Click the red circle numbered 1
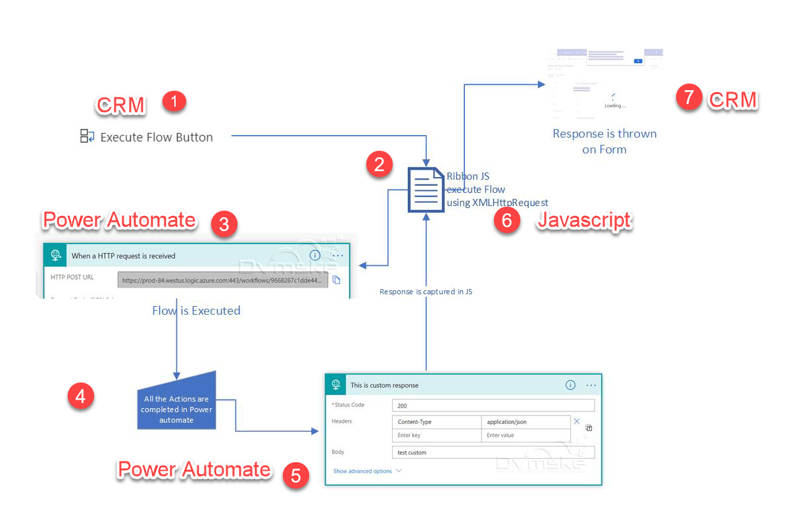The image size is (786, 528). click(174, 101)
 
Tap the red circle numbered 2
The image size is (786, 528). click(379, 163)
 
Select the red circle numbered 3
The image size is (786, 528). click(224, 224)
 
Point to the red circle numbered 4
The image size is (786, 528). click(81, 396)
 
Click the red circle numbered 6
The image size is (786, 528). click(506, 221)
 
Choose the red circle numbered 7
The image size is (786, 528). click(689, 98)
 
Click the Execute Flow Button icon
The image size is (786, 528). click(87, 137)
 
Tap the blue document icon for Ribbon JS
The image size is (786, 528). click(426, 190)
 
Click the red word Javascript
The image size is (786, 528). click(584, 221)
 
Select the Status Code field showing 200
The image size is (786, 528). click(493, 406)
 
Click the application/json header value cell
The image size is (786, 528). click(526, 422)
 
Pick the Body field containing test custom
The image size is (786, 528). click(493, 452)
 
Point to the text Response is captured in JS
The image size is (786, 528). click(426, 291)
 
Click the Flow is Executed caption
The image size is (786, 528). click(196, 311)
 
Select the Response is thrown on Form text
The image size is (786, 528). click(604, 142)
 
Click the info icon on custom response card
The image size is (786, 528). click(570, 385)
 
